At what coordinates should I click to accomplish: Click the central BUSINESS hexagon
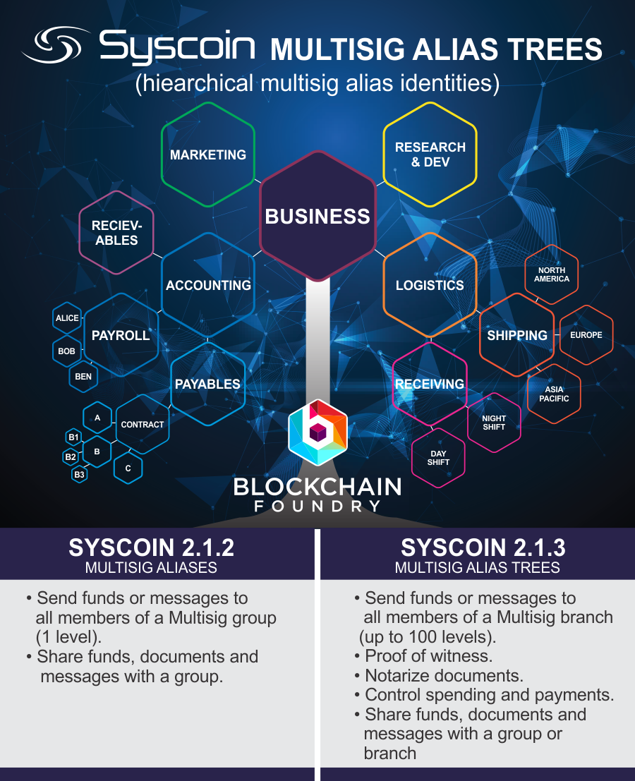317,216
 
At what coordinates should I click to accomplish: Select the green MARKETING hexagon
208,155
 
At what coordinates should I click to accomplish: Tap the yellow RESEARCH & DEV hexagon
430,155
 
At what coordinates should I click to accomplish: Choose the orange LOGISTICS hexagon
430,285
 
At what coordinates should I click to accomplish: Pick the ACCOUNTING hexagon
208,285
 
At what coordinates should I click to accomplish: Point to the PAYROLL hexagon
121,335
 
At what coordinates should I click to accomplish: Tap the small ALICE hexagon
67,318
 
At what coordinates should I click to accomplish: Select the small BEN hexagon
83,376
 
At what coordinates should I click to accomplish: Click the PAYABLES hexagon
207,384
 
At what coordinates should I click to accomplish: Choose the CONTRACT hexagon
143,424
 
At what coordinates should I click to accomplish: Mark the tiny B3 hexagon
79,475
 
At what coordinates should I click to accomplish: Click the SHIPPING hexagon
517,335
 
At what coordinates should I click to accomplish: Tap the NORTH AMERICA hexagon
552,274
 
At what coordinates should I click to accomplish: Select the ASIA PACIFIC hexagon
554,394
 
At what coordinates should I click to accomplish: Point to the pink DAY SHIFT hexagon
438,458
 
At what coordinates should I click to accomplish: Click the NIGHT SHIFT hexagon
494,423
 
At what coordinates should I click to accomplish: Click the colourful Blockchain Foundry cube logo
317,432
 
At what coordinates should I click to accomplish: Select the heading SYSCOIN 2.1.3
478,548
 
